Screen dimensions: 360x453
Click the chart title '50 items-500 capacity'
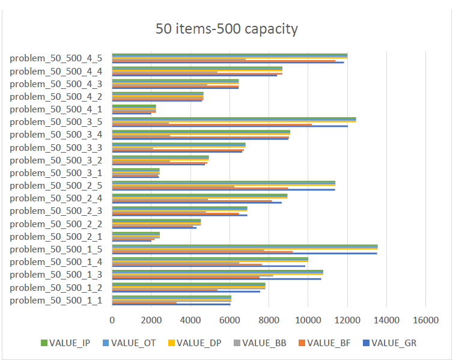tap(227, 29)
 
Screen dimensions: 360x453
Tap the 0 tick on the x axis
tap(112, 320)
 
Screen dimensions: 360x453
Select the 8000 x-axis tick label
tap(269, 320)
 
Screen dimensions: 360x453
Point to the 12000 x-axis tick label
tap(347, 320)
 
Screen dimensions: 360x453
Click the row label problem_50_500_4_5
tap(56, 58)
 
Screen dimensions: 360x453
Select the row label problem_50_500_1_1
tap(56, 300)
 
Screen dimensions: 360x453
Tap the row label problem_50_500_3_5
tap(56, 122)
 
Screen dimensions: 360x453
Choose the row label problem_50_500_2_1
tap(56, 237)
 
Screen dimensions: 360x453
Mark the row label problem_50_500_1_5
tap(56, 249)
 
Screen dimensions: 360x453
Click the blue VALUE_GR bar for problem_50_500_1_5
tap(240, 254)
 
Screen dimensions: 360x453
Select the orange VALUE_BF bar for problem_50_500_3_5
tap(210, 125)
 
